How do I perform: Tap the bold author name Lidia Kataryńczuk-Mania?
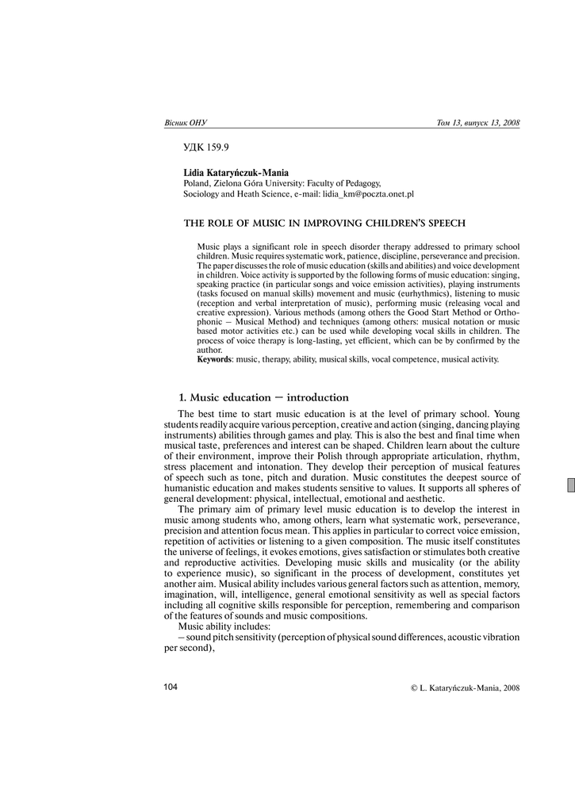click(236, 172)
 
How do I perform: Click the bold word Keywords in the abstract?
click(214, 359)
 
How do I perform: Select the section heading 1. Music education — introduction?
click(263, 397)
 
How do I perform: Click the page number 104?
click(171, 687)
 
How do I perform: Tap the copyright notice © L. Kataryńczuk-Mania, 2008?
click(465, 688)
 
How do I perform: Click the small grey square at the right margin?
click(570, 486)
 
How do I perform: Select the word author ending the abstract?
click(210, 350)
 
